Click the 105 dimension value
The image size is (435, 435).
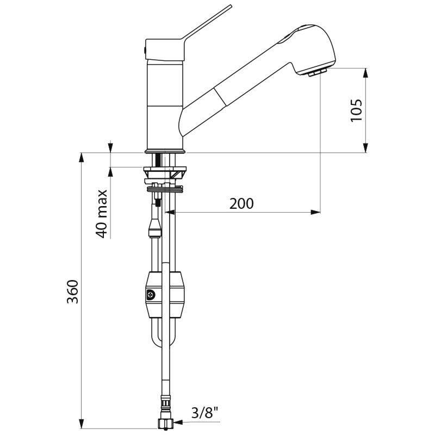[356, 111]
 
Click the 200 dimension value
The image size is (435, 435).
[241, 203]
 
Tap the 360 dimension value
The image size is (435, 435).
[74, 292]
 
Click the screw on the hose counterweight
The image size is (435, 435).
[150, 295]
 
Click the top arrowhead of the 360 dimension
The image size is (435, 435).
[82, 158]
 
